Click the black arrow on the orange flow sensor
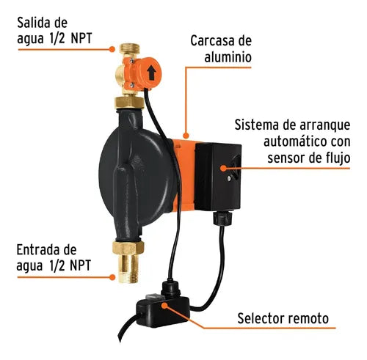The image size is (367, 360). coord(152,73)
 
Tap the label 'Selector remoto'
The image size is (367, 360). coord(283,318)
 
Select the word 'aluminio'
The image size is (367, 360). coord(228,57)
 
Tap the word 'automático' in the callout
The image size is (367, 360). coord(295,142)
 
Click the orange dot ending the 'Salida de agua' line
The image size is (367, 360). coord(112,49)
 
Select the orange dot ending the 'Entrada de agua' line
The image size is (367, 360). coord(112,277)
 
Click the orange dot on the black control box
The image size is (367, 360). coord(223,168)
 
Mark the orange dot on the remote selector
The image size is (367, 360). coord(164,305)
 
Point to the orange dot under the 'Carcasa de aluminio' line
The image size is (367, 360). coord(186,136)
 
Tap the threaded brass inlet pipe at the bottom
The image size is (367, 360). coord(128,268)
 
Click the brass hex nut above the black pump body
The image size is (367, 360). coord(129,103)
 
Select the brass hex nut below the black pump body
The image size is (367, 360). coord(128,248)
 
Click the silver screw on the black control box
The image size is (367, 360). coord(229,178)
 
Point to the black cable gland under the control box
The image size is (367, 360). coord(222,218)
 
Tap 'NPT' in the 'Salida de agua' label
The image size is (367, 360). coord(81,39)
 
